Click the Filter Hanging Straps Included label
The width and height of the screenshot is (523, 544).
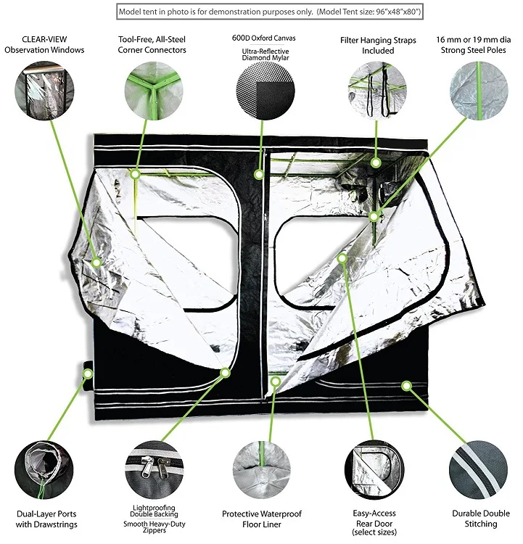tap(377, 44)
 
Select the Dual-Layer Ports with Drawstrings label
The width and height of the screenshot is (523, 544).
tap(46, 519)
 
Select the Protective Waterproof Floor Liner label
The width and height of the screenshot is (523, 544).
tap(261, 519)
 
